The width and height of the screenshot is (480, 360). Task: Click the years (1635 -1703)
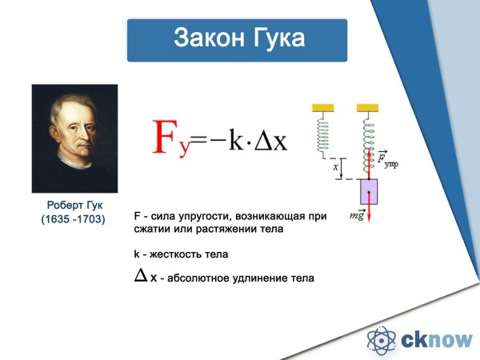(x=73, y=218)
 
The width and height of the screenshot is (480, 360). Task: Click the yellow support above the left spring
(x=323, y=106)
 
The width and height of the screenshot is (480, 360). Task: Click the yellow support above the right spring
(x=368, y=106)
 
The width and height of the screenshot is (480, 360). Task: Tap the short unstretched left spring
(x=323, y=131)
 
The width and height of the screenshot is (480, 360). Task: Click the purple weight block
(x=369, y=193)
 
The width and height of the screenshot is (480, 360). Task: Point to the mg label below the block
(x=358, y=215)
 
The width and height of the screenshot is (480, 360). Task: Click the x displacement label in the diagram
(x=334, y=167)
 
